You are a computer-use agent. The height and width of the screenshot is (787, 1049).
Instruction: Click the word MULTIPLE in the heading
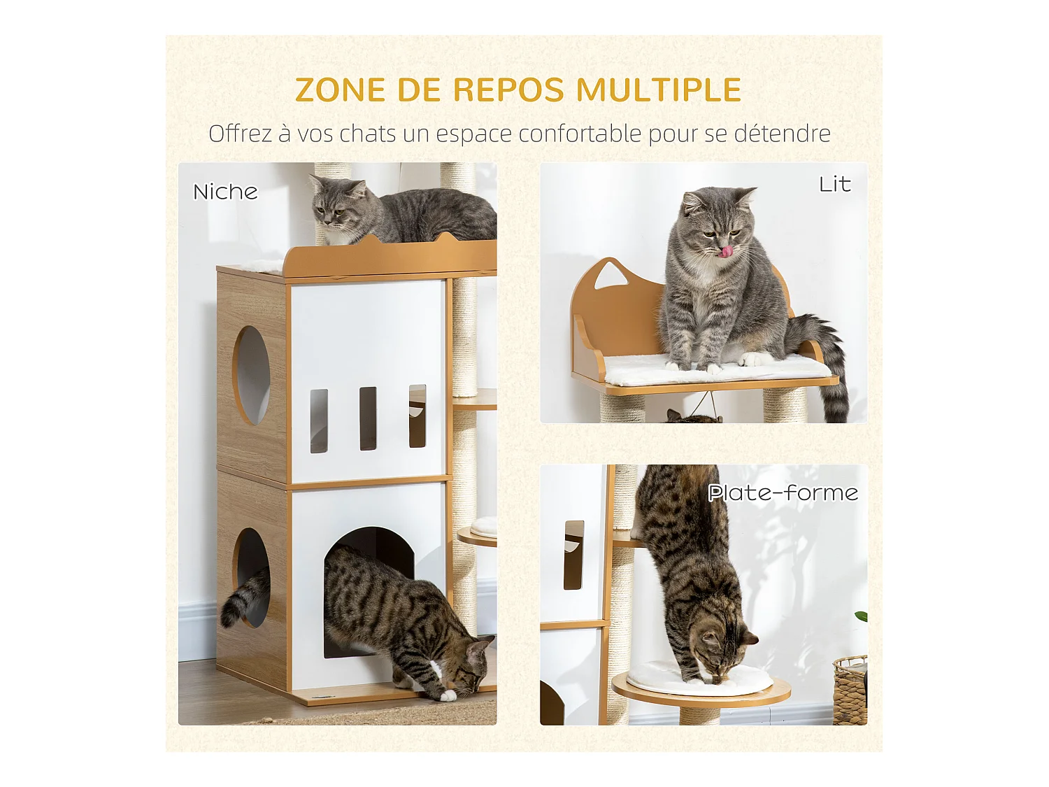tap(658, 90)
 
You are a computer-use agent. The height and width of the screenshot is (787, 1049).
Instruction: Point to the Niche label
tap(225, 192)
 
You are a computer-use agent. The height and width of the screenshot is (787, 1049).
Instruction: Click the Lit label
tap(835, 184)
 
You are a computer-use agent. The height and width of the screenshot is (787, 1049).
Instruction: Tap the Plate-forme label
tap(783, 493)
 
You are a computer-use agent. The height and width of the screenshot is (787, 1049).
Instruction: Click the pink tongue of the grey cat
tap(728, 250)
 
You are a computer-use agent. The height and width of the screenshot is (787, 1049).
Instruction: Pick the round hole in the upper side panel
tap(251, 376)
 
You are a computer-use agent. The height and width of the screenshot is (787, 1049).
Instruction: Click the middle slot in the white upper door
tap(368, 418)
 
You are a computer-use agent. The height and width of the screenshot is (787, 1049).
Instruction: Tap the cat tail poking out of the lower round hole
tap(241, 598)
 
